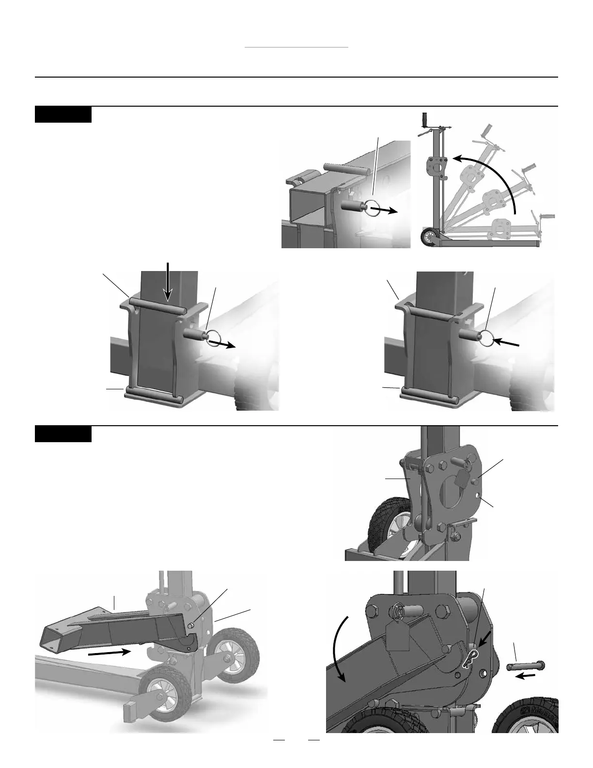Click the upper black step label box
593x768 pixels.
(x=63, y=114)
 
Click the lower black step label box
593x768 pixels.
(x=63, y=434)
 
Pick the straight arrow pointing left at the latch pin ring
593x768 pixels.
(x=508, y=342)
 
